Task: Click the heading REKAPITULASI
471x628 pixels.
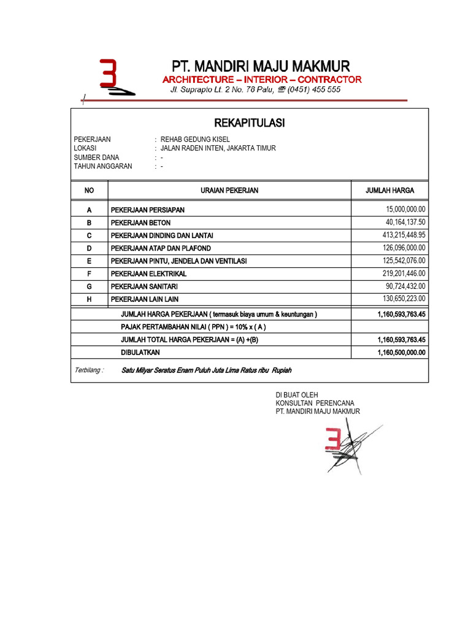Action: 250,123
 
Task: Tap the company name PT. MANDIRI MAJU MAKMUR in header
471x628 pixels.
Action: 259,66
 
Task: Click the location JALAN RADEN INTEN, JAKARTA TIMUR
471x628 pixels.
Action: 218,148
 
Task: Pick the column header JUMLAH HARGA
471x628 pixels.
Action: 389,191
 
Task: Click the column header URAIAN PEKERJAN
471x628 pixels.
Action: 229,191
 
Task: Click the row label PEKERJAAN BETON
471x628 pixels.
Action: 140,223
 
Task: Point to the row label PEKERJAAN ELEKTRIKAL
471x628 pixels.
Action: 148,274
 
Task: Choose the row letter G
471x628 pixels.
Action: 89,286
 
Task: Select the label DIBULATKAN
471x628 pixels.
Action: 140,353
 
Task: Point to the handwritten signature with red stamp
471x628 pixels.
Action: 347,445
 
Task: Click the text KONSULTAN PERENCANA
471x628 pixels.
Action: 315,403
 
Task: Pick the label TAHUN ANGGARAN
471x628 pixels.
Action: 102,166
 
